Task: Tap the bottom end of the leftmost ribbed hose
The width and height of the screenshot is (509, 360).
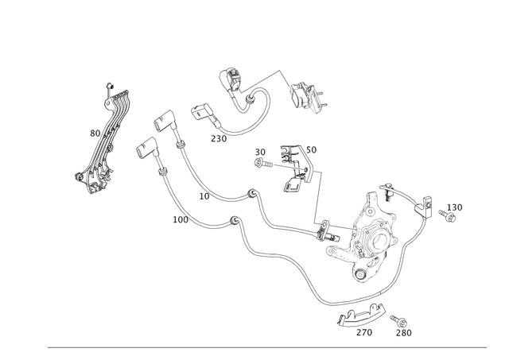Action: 84,178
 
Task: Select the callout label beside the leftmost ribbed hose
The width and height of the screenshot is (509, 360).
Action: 94,132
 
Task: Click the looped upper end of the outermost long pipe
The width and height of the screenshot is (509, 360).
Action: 143,149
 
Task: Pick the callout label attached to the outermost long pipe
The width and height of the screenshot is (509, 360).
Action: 177,215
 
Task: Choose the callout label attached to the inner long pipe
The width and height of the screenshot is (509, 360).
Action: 204,193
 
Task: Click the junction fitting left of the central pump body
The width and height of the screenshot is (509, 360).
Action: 326,233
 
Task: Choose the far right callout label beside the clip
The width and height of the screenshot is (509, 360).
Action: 454,210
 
